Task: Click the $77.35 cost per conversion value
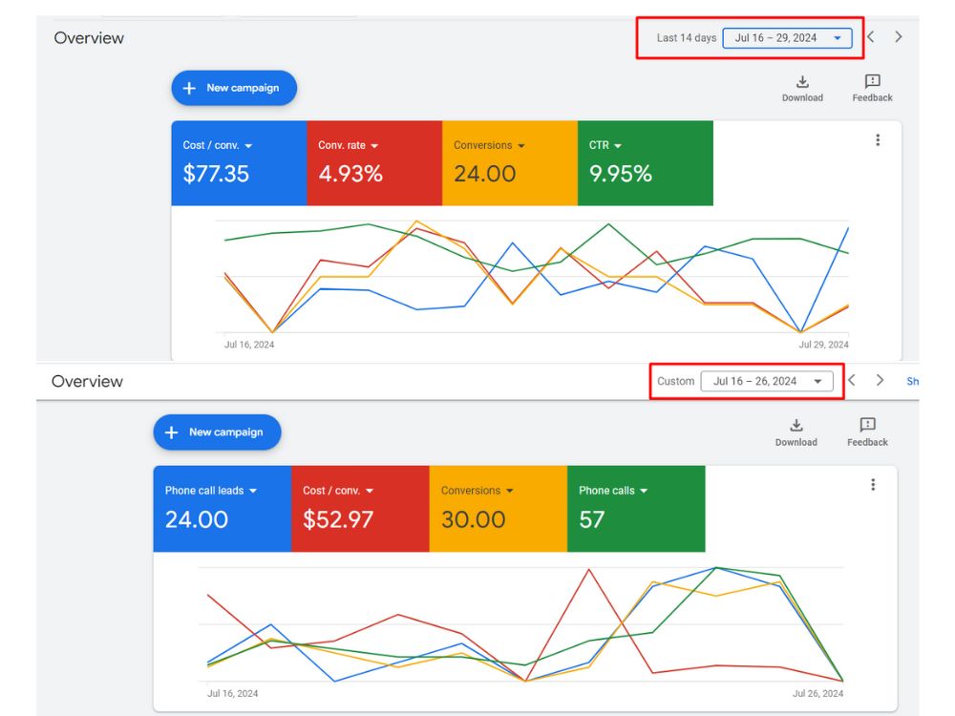tap(216, 174)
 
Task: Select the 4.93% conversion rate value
tap(350, 174)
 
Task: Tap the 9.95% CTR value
tap(620, 174)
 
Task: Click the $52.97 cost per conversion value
tap(337, 519)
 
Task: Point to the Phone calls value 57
tap(591, 519)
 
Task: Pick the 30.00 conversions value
tap(473, 519)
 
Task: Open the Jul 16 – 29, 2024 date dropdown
tap(787, 38)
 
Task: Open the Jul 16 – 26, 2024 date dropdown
tap(767, 381)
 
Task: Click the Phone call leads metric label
tap(204, 490)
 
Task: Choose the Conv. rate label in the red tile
tap(342, 145)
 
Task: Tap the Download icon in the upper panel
tap(803, 81)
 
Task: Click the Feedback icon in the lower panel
tap(867, 425)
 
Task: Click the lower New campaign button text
tap(226, 432)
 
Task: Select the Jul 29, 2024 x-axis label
tap(823, 345)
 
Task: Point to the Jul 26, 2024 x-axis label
tap(818, 693)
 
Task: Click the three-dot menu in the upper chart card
tap(878, 140)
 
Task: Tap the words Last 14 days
tap(687, 38)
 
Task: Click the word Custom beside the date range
tap(675, 381)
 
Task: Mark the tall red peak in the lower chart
tap(589, 569)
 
